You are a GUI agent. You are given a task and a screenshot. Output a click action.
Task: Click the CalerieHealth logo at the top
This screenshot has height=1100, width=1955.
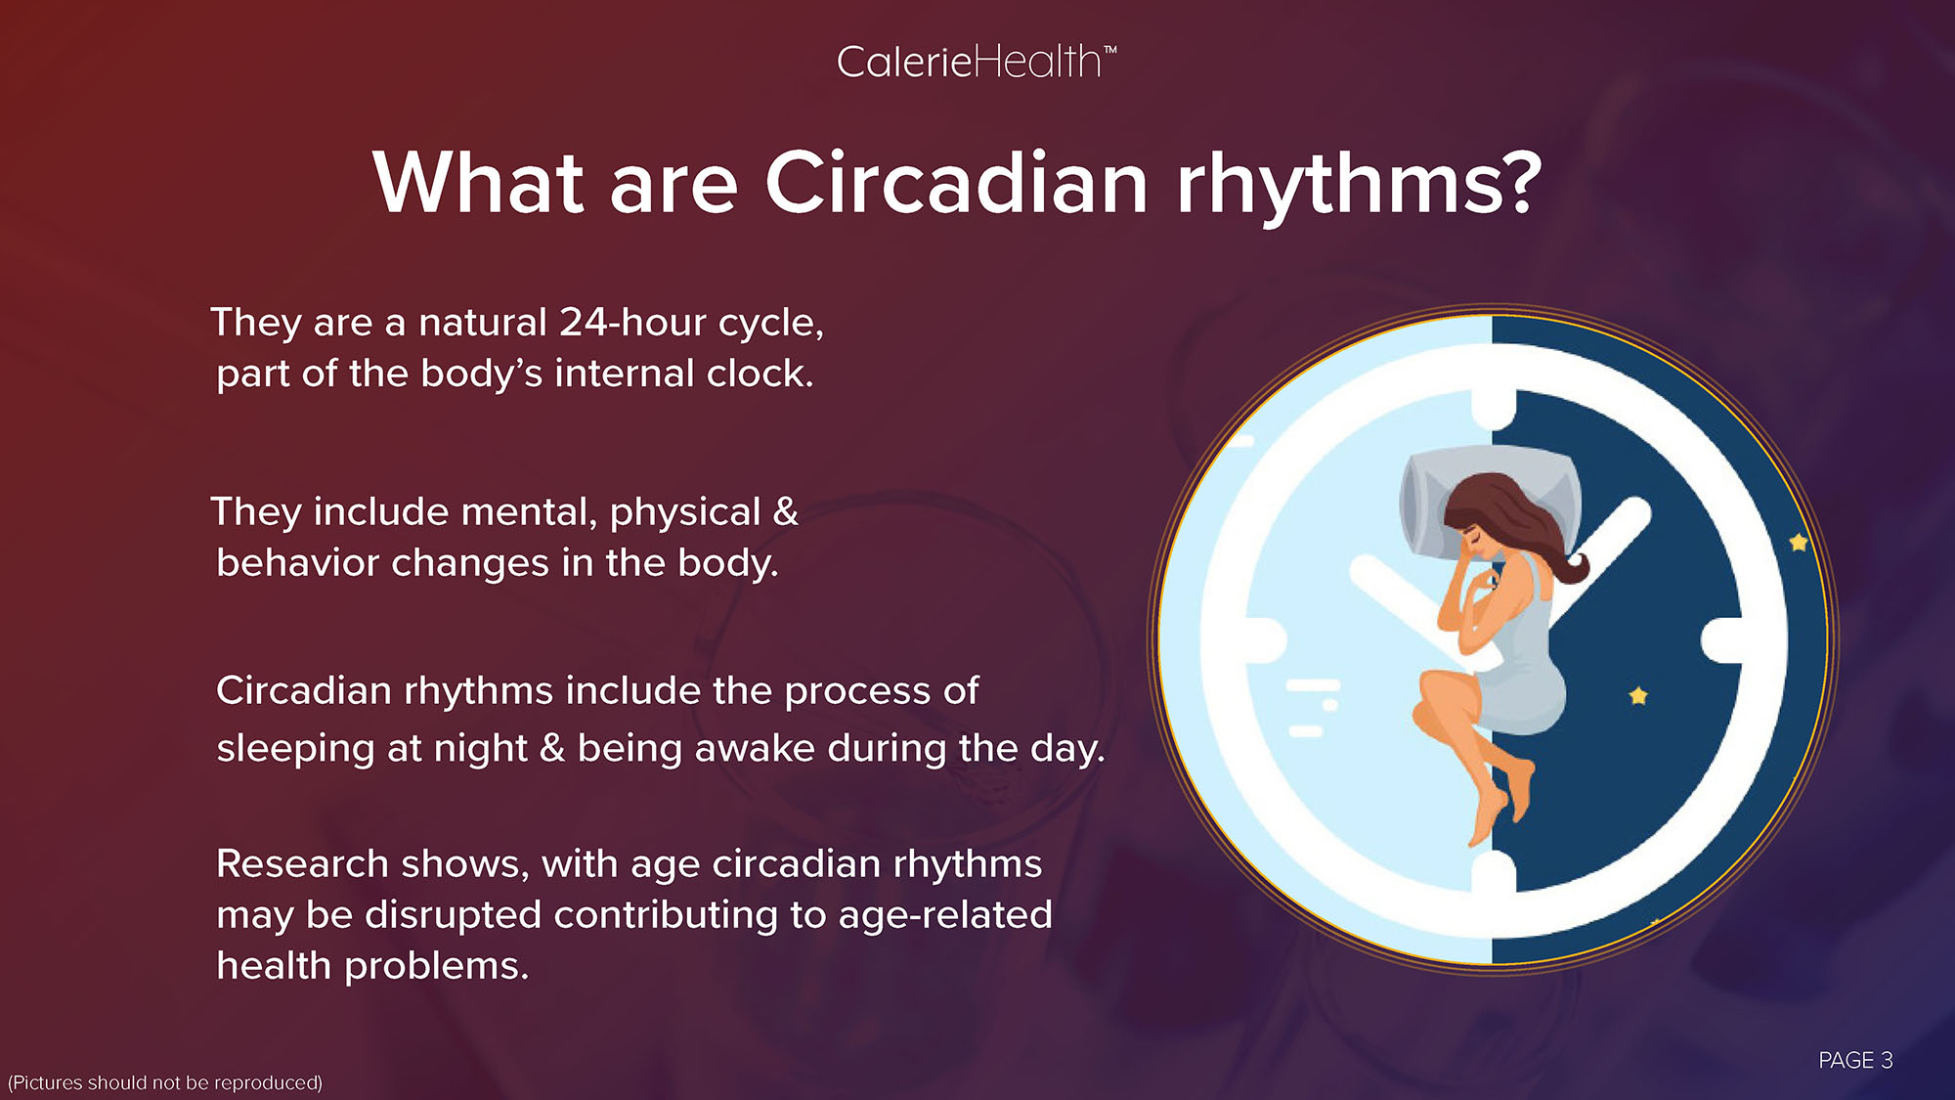point(976,63)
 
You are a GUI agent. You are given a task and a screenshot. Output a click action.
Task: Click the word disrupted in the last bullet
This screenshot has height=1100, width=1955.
point(454,916)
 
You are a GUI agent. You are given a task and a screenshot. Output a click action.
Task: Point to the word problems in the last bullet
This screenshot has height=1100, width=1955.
point(437,967)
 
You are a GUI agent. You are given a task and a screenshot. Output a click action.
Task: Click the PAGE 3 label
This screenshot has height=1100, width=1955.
point(1855,1060)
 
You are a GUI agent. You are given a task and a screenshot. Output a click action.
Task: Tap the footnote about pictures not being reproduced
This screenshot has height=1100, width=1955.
point(165,1082)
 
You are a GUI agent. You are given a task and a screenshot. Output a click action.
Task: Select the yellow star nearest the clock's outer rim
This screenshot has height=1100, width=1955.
point(1799,542)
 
